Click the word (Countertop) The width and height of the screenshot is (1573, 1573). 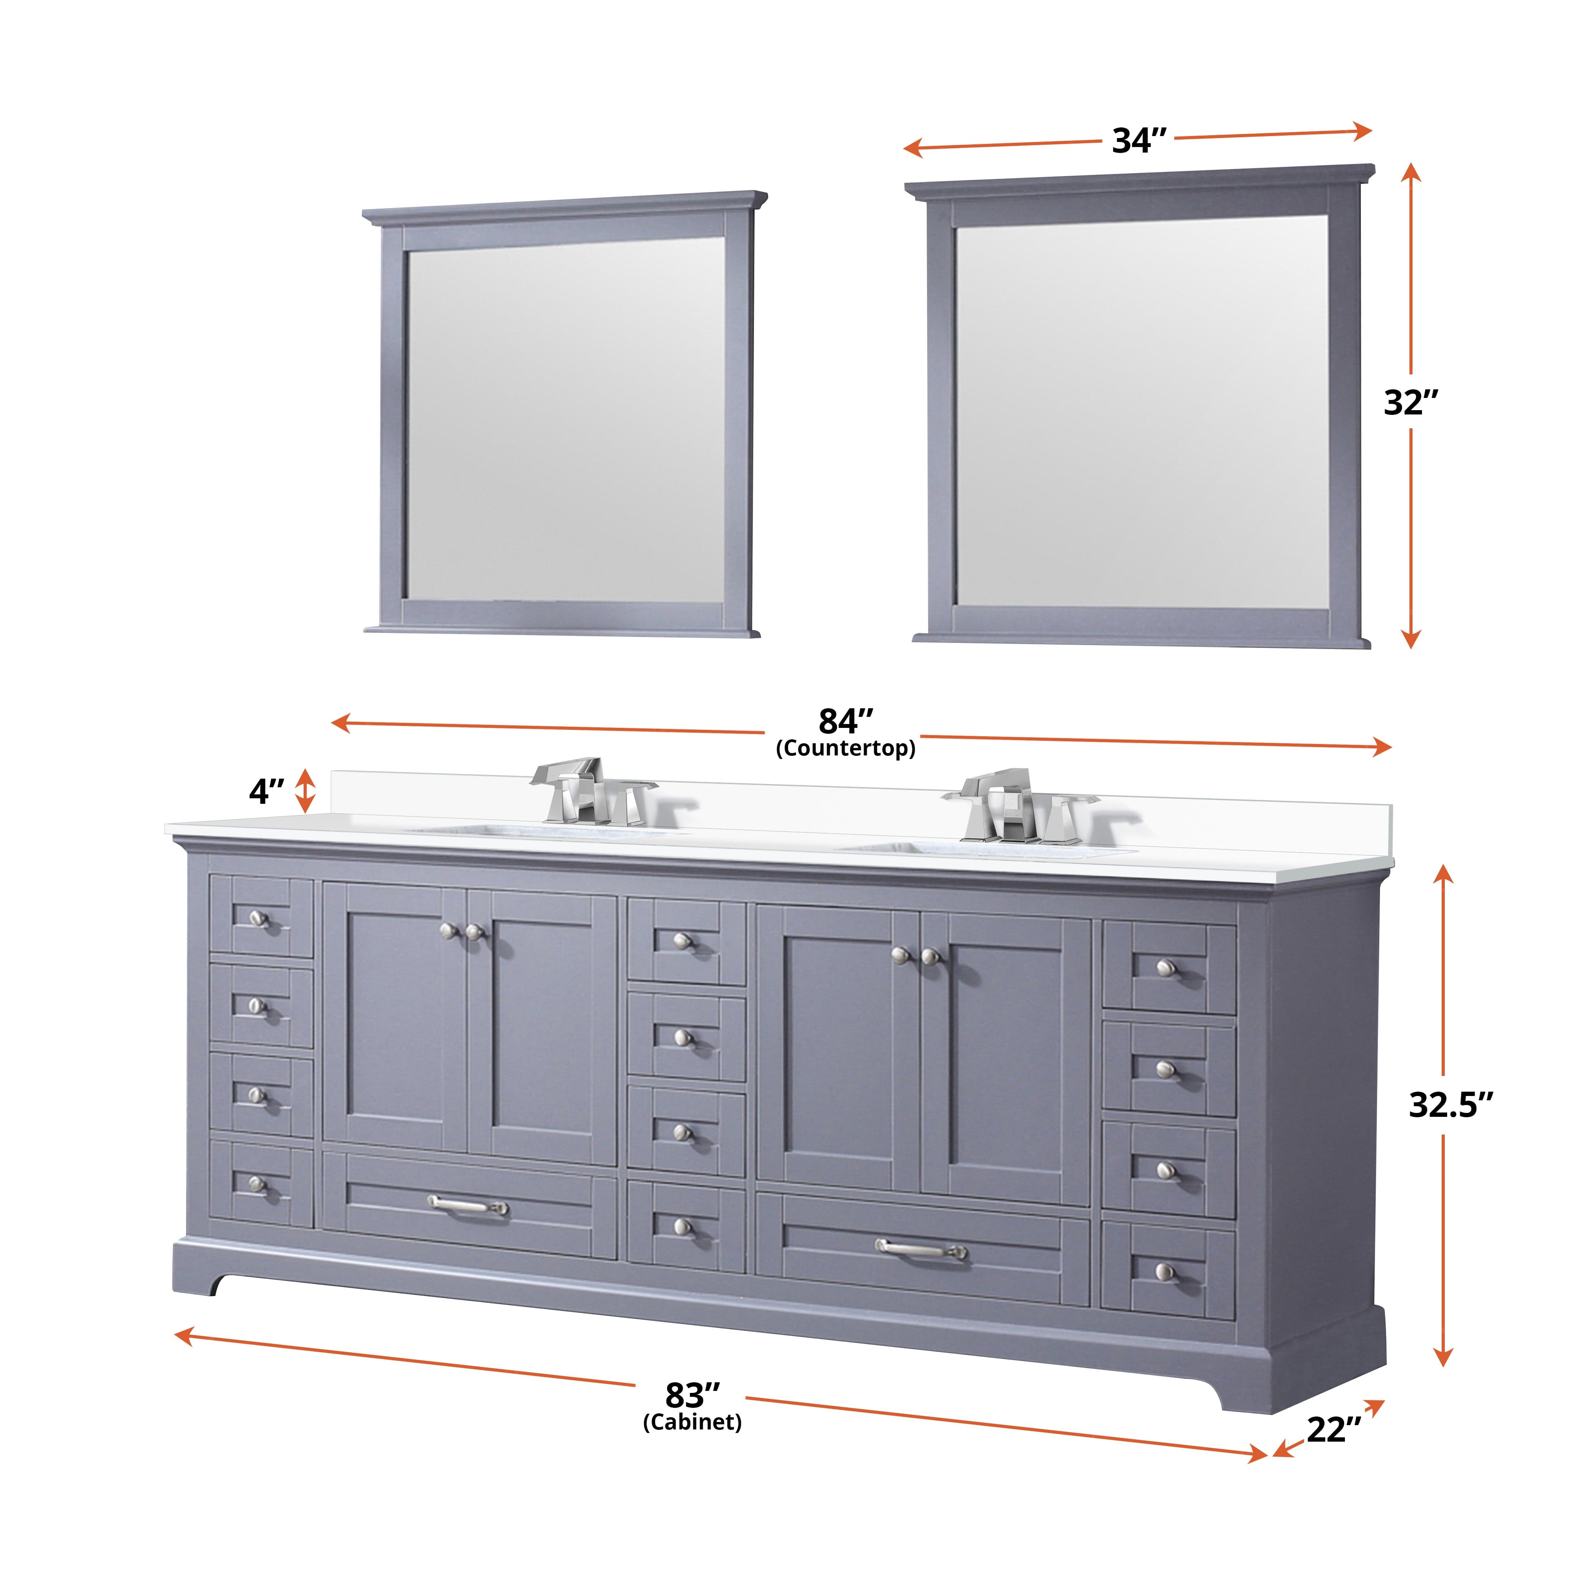(x=845, y=748)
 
